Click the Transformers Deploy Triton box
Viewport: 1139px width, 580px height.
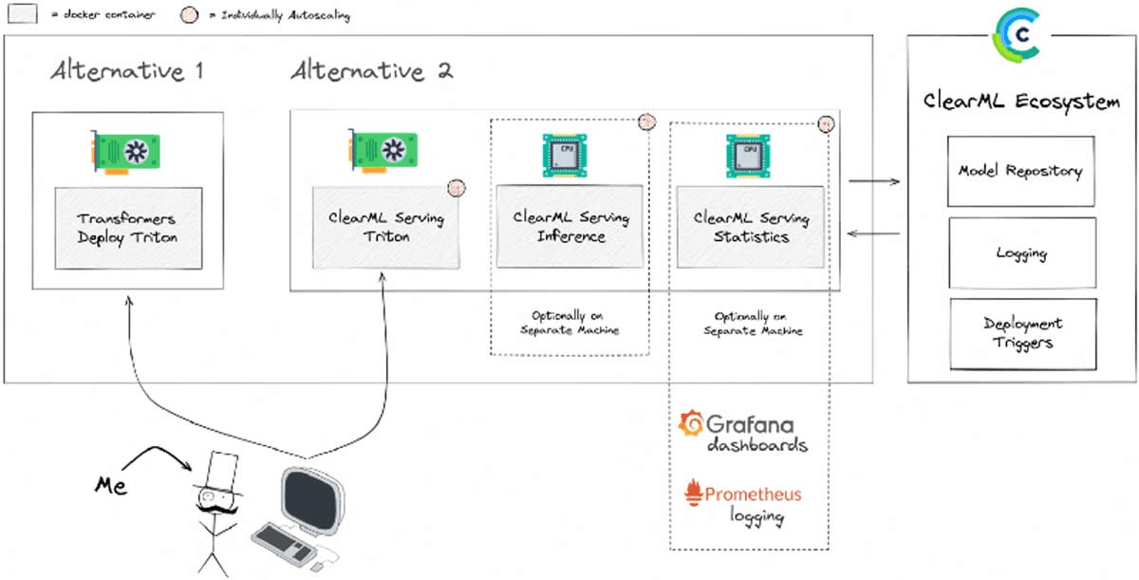coord(127,228)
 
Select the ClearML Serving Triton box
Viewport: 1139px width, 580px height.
coord(386,228)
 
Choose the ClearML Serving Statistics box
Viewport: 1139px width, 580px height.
coord(750,227)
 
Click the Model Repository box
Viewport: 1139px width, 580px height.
coord(1020,171)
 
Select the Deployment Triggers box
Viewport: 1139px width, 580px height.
coord(1022,334)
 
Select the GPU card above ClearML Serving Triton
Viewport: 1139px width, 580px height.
coord(385,149)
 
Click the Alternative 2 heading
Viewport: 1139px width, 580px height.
coord(371,71)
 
